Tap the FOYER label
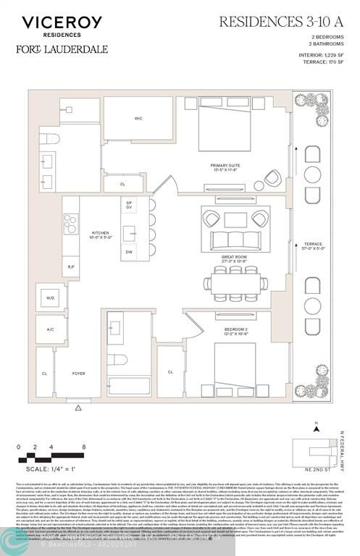78,374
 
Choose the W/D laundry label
50,298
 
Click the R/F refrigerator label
71,267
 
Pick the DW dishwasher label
130,251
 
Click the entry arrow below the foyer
78,408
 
